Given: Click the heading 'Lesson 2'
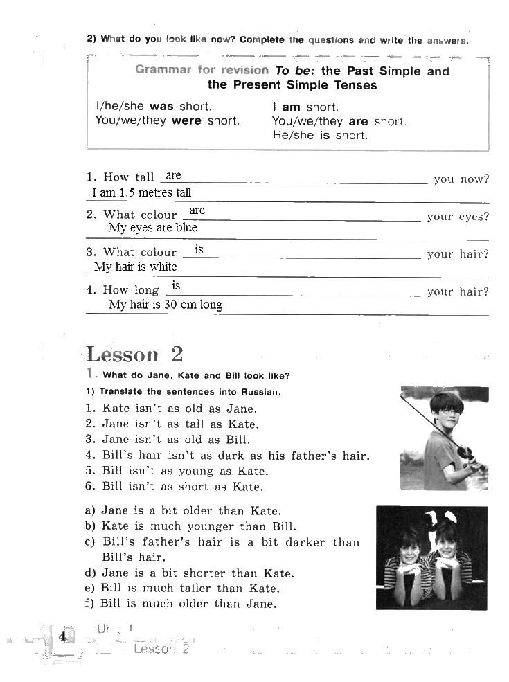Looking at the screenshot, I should click(x=135, y=354).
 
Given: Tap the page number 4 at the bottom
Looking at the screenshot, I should click(x=62, y=636).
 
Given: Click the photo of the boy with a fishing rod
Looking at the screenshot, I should click(x=444, y=439).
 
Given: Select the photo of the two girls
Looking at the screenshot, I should click(x=431, y=557).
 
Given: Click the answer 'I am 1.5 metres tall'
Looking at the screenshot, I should click(x=141, y=193).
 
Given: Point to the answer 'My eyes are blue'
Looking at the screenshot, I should click(x=152, y=228).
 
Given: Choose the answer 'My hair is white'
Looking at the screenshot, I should click(x=135, y=267).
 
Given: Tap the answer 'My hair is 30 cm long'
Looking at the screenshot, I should click(x=166, y=305).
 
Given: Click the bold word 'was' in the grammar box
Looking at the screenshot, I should click(x=161, y=107).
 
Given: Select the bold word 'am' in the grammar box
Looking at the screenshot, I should click(x=291, y=107).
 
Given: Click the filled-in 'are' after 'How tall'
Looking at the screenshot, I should click(x=173, y=176).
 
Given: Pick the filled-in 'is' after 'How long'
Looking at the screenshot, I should click(x=176, y=285).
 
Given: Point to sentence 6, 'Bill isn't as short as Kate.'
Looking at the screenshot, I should click(x=182, y=486).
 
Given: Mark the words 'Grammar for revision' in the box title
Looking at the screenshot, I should click(x=202, y=70).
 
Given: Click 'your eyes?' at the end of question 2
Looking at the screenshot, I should click(x=458, y=217).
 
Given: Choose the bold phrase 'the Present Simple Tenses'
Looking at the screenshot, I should click(x=292, y=85).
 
